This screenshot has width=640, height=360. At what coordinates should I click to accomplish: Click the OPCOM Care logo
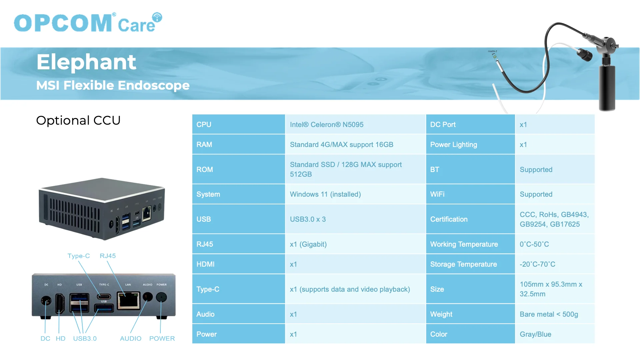tap(88, 22)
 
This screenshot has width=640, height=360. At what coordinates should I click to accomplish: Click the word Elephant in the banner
tap(86, 62)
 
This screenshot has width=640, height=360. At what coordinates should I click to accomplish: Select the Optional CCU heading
tap(78, 120)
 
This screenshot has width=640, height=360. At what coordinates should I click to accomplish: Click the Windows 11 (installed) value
tap(325, 194)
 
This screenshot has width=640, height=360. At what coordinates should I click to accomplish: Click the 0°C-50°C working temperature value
tap(534, 244)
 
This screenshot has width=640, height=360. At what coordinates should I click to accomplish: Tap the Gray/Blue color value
tap(535, 334)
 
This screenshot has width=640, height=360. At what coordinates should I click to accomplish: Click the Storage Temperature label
tap(463, 264)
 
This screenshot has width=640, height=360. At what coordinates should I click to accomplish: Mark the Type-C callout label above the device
tap(79, 256)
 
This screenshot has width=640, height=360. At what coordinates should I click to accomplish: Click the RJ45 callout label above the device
tap(108, 256)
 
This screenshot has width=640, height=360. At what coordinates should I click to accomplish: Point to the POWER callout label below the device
tap(162, 338)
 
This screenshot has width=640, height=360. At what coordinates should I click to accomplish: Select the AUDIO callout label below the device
tap(131, 338)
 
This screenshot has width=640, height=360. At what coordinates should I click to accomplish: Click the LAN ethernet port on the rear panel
tap(128, 300)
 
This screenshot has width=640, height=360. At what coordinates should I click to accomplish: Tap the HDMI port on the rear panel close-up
tap(60, 303)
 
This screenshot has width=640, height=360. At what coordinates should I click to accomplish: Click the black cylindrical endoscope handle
tap(607, 87)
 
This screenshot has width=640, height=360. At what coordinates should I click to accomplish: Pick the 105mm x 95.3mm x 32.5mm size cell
tap(551, 289)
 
